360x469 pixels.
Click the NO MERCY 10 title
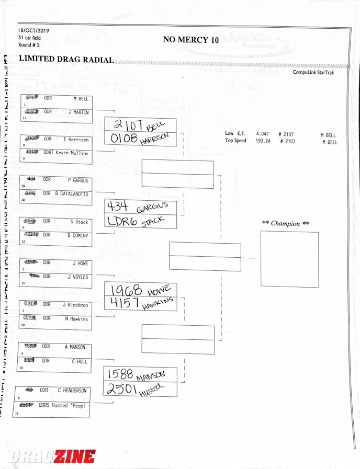click(190, 40)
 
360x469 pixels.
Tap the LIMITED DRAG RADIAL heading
click(66, 60)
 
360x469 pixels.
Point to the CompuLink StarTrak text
click(313, 73)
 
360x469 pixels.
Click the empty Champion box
click(289, 259)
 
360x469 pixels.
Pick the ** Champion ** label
click(285, 224)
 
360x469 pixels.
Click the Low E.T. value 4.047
click(263, 134)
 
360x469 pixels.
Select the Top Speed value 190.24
click(263, 141)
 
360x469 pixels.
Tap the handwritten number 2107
click(125, 125)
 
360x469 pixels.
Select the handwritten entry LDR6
click(122, 221)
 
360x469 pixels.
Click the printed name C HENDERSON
click(72, 391)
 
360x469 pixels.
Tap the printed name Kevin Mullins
click(73, 153)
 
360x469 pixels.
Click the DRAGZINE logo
click(51, 456)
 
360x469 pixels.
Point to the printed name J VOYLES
click(77, 277)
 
